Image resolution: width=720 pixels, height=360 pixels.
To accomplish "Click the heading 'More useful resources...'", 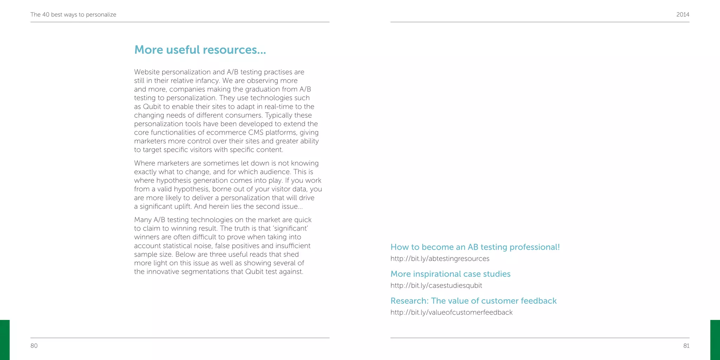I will [200, 50].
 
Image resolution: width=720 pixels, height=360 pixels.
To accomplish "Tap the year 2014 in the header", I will [682, 14].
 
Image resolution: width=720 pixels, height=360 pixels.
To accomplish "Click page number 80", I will [34, 346].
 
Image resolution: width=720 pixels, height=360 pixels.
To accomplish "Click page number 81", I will [686, 346].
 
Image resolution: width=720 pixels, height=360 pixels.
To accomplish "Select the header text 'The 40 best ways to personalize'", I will [73, 14].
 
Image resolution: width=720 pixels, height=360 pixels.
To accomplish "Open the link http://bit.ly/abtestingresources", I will [439, 259].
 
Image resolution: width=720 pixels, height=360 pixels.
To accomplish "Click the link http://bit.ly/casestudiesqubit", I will [436, 285].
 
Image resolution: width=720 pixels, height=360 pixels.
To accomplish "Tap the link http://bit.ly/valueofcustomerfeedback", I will [451, 313].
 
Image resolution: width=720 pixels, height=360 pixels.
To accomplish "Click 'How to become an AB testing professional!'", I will [475, 247].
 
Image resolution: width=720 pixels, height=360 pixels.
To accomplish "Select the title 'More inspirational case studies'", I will [450, 274].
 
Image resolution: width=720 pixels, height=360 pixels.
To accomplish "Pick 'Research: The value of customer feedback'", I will [473, 301].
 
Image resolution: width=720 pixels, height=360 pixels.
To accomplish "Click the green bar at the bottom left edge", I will [5, 340].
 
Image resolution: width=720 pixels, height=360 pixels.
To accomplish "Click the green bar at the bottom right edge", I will [715, 340].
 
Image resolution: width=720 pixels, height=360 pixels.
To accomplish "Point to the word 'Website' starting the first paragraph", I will [147, 72].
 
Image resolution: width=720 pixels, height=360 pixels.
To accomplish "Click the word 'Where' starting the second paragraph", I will [144, 163].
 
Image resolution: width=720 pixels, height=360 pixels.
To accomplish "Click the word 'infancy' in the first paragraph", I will [207, 81].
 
